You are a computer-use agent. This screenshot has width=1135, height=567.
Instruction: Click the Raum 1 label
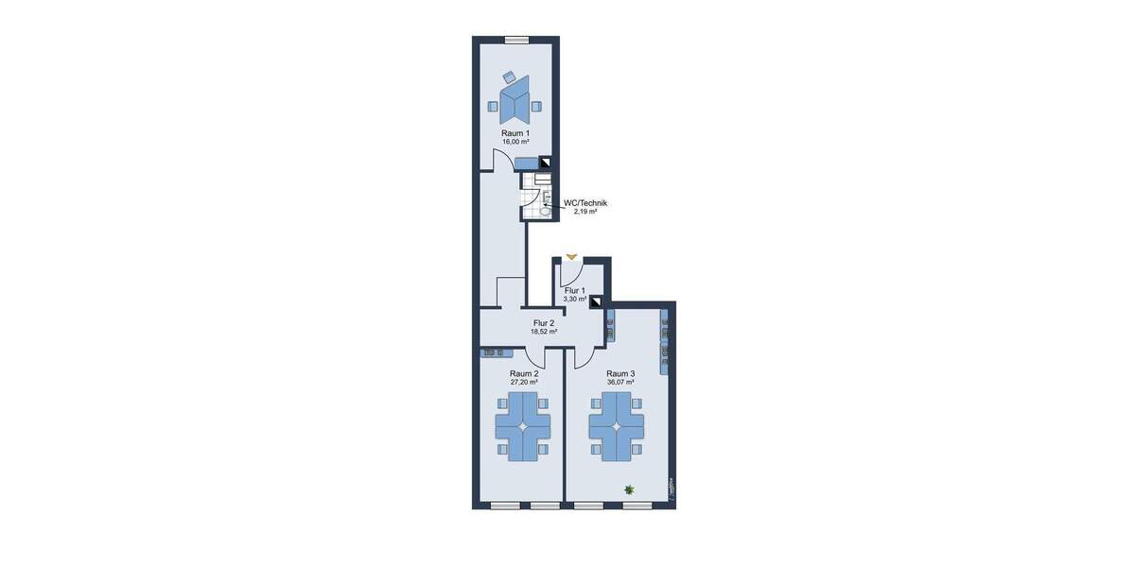[515, 133]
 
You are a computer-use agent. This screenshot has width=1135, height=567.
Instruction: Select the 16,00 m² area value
[515, 143]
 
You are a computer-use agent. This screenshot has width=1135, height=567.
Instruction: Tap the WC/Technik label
[585, 203]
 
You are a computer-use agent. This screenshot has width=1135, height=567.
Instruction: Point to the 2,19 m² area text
[585, 212]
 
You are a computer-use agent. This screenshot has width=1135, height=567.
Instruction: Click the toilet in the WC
[547, 211]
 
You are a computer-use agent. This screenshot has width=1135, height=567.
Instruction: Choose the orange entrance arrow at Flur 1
[571, 256]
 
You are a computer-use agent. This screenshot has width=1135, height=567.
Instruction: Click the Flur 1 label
[575, 290]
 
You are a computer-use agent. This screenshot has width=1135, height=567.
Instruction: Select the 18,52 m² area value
[544, 332]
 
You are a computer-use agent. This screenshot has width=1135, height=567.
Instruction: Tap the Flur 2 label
[544, 323]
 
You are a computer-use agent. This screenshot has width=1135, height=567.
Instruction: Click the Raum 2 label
[524, 373]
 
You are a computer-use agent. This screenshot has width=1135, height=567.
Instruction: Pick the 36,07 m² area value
[620, 383]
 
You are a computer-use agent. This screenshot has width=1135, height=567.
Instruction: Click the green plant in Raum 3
[629, 489]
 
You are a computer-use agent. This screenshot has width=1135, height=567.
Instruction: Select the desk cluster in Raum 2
[523, 427]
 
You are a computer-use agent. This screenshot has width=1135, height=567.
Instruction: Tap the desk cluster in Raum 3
[617, 427]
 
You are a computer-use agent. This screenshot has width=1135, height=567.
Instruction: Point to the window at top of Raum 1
[516, 40]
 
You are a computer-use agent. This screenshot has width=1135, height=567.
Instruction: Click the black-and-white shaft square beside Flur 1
[596, 303]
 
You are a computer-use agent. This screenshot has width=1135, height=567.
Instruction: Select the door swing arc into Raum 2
[535, 358]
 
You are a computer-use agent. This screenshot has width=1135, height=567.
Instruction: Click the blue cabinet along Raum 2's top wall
[498, 352]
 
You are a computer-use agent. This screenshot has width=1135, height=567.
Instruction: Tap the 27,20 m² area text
[524, 383]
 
